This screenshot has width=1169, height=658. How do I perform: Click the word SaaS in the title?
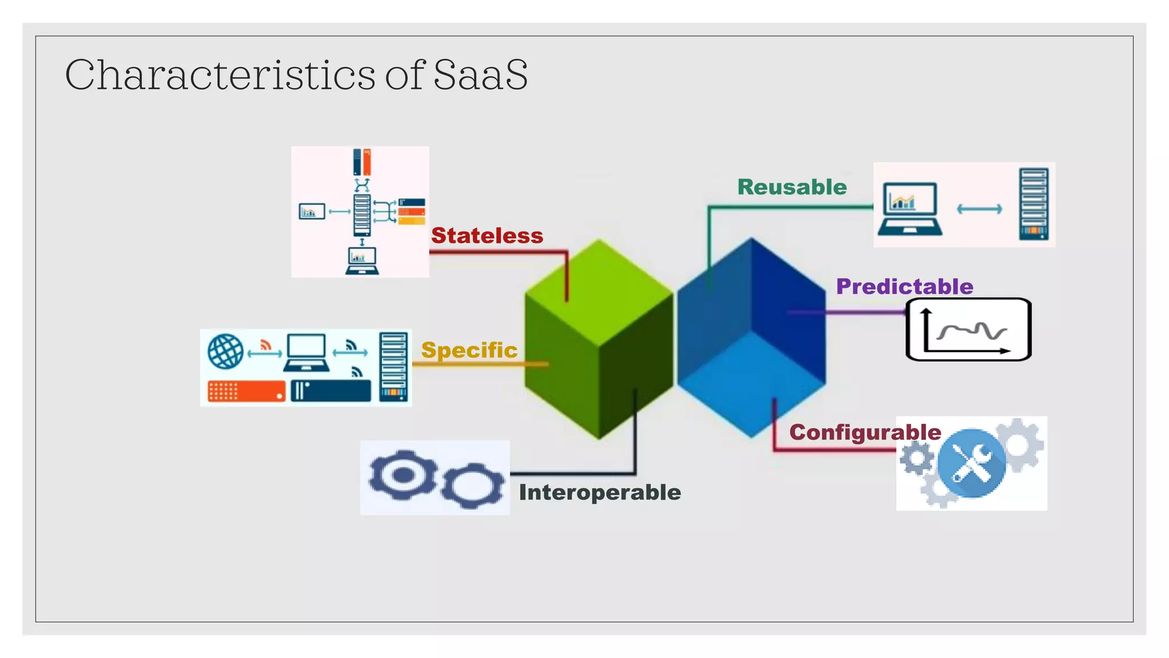(x=480, y=75)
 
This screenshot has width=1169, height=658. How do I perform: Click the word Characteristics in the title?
(x=220, y=75)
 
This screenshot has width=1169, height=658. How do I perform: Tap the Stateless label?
(x=487, y=235)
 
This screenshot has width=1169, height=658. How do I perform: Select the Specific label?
(x=469, y=350)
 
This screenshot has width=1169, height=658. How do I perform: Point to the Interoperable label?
(x=599, y=492)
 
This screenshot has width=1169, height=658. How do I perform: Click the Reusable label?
(x=792, y=187)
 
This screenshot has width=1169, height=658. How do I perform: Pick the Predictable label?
(x=904, y=286)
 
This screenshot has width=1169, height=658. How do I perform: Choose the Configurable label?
(x=865, y=432)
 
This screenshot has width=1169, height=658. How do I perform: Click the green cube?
(x=598, y=339)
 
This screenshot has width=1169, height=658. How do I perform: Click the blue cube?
(x=751, y=338)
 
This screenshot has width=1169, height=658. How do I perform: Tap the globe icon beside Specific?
(x=225, y=351)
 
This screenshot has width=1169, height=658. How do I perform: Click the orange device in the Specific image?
(x=246, y=391)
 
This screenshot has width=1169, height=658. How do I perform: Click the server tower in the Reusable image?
(x=1034, y=204)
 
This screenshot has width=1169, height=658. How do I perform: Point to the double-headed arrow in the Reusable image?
(x=979, y=209)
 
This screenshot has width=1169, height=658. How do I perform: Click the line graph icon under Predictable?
(x=969, y=330)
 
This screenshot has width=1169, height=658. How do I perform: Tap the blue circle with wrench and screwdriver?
(x=972, y=463)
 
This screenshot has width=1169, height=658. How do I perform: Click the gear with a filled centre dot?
(x=403, y=475)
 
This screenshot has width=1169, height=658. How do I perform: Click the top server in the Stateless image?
(x=362, y=162)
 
